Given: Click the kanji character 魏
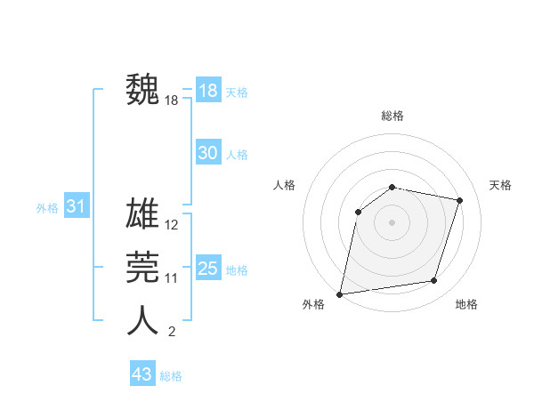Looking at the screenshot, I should [143, 90].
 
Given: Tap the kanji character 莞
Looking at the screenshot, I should [143, 267].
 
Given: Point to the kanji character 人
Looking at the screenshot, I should [143, 320].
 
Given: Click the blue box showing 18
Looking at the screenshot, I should [207, 91].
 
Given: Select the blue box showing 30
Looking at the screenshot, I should [207, 153].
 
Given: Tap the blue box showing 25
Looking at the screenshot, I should [207, 269].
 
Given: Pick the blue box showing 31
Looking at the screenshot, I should [77, 206].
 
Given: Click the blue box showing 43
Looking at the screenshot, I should [142, 374].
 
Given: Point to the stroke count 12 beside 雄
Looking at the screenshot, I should [172, 225].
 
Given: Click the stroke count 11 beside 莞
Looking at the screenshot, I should [172, 278].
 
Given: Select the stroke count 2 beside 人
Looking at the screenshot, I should [172, 332].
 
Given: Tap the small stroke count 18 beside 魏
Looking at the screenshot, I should [172, 100].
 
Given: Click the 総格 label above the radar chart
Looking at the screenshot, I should [392, 116].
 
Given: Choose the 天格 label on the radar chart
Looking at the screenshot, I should [500, 185].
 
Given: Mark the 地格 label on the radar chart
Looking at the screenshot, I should [466, 304].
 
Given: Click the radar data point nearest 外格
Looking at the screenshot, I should [340, 293].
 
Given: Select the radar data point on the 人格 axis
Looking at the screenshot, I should [358, 212].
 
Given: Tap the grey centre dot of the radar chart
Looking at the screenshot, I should [392, 222].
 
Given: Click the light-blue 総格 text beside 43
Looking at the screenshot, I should [171, 376].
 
